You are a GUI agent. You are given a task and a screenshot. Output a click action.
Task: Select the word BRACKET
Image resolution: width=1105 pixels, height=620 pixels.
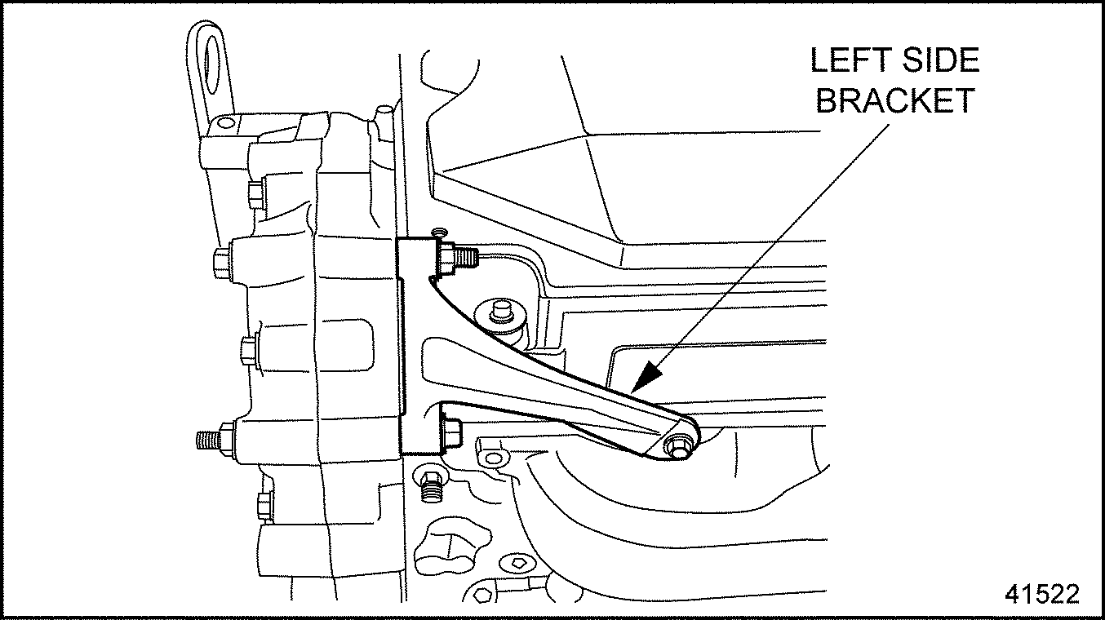[x=895, y=100]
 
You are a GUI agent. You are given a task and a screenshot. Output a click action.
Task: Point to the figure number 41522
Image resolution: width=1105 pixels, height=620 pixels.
[x=1042, y=594]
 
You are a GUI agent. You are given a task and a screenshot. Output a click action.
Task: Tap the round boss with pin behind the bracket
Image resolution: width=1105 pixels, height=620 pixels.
[x=499, y=316]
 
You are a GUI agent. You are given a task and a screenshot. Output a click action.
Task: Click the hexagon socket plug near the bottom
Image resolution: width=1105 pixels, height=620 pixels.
[x=517, y=562]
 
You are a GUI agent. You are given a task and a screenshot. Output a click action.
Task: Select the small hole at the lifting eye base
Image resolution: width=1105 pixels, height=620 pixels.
[x=225, y=122]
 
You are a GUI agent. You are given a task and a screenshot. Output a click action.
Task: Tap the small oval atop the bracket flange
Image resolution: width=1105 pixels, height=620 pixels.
[x=437, y=231]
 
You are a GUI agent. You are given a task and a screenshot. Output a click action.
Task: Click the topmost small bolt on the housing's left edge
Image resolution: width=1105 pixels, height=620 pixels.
[x=255, y=194]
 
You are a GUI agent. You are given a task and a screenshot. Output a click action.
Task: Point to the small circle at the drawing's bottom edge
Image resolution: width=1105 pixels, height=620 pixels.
[x=479, y=596]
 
